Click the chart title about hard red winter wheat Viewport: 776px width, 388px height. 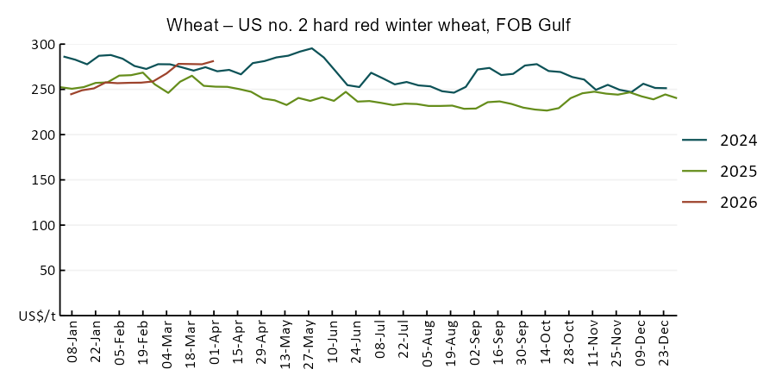[368, 26]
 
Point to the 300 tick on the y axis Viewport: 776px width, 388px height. [43, 45]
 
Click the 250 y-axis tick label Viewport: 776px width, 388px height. [43, 90]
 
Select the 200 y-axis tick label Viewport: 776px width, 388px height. [43, 135]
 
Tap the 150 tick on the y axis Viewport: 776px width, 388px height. [43, 180]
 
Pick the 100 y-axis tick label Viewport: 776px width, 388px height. [43, 225]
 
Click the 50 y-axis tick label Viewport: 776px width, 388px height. [47, 270]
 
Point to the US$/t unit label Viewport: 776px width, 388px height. [37, 316]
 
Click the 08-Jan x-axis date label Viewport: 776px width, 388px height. [72, 345]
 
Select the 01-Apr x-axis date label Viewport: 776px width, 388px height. [215, 345]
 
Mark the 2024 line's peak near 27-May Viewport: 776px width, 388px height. [311, 48]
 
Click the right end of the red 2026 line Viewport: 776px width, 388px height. [213, 85]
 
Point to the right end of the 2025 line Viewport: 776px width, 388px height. [676, 98]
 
